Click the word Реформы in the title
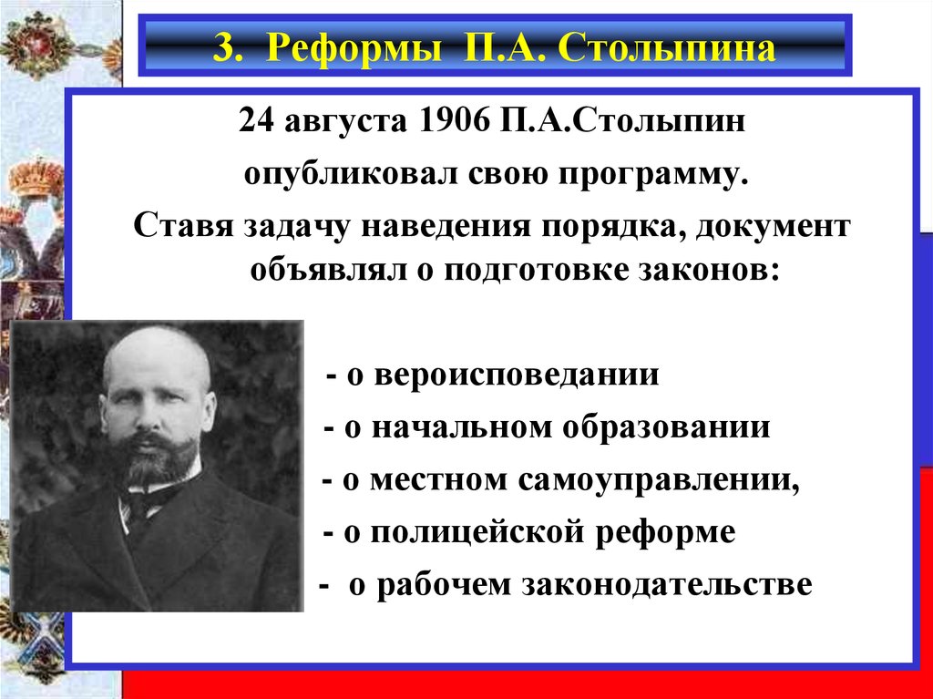tap(354, 47)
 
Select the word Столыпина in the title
tap(667, 47)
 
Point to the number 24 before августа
tap(256, 121)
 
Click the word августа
tap(345, 124)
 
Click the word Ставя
tap(183, 226)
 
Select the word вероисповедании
tap(517, 376)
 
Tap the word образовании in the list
tap(666, 427)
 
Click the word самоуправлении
tap(659, 481)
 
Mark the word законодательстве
tap(667, 585)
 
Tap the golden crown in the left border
tap(36, 178)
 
